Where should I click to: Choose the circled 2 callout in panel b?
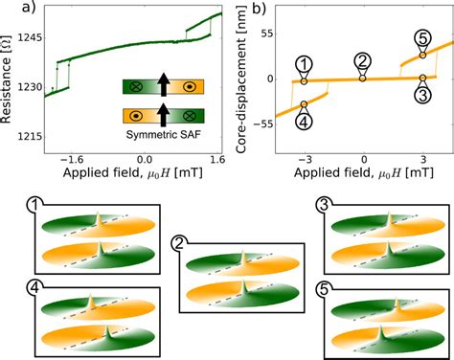pos(363,62)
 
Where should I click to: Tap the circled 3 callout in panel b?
pos(423,94)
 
